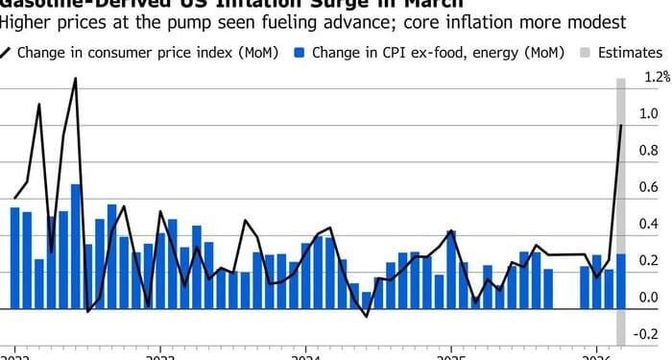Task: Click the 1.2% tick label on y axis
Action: click(x=657, y=76)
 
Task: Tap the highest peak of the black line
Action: click(x=76, y=80)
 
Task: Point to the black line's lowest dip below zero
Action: click(x=366, y=316)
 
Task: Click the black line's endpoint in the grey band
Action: click(x=621, y=125)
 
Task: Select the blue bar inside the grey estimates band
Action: click(x=621, y=281)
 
